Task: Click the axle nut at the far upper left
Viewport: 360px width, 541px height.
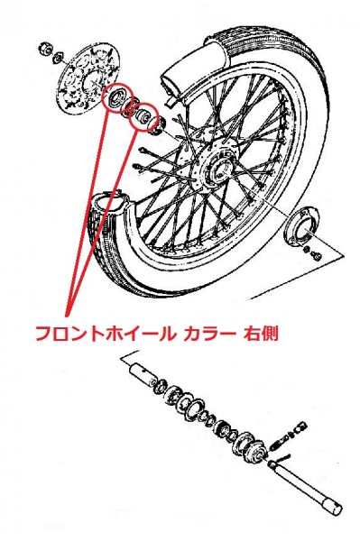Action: tap(45, 49)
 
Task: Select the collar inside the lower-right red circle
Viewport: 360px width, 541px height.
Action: tap(143, 116)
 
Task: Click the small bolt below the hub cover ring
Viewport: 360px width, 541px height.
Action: tap(318, 256)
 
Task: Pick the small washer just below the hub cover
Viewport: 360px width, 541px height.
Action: tap(306, 250)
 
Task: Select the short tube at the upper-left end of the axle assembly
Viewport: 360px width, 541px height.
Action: tap(143, 375)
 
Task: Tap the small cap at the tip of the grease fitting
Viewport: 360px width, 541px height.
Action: tap(300, 426)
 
